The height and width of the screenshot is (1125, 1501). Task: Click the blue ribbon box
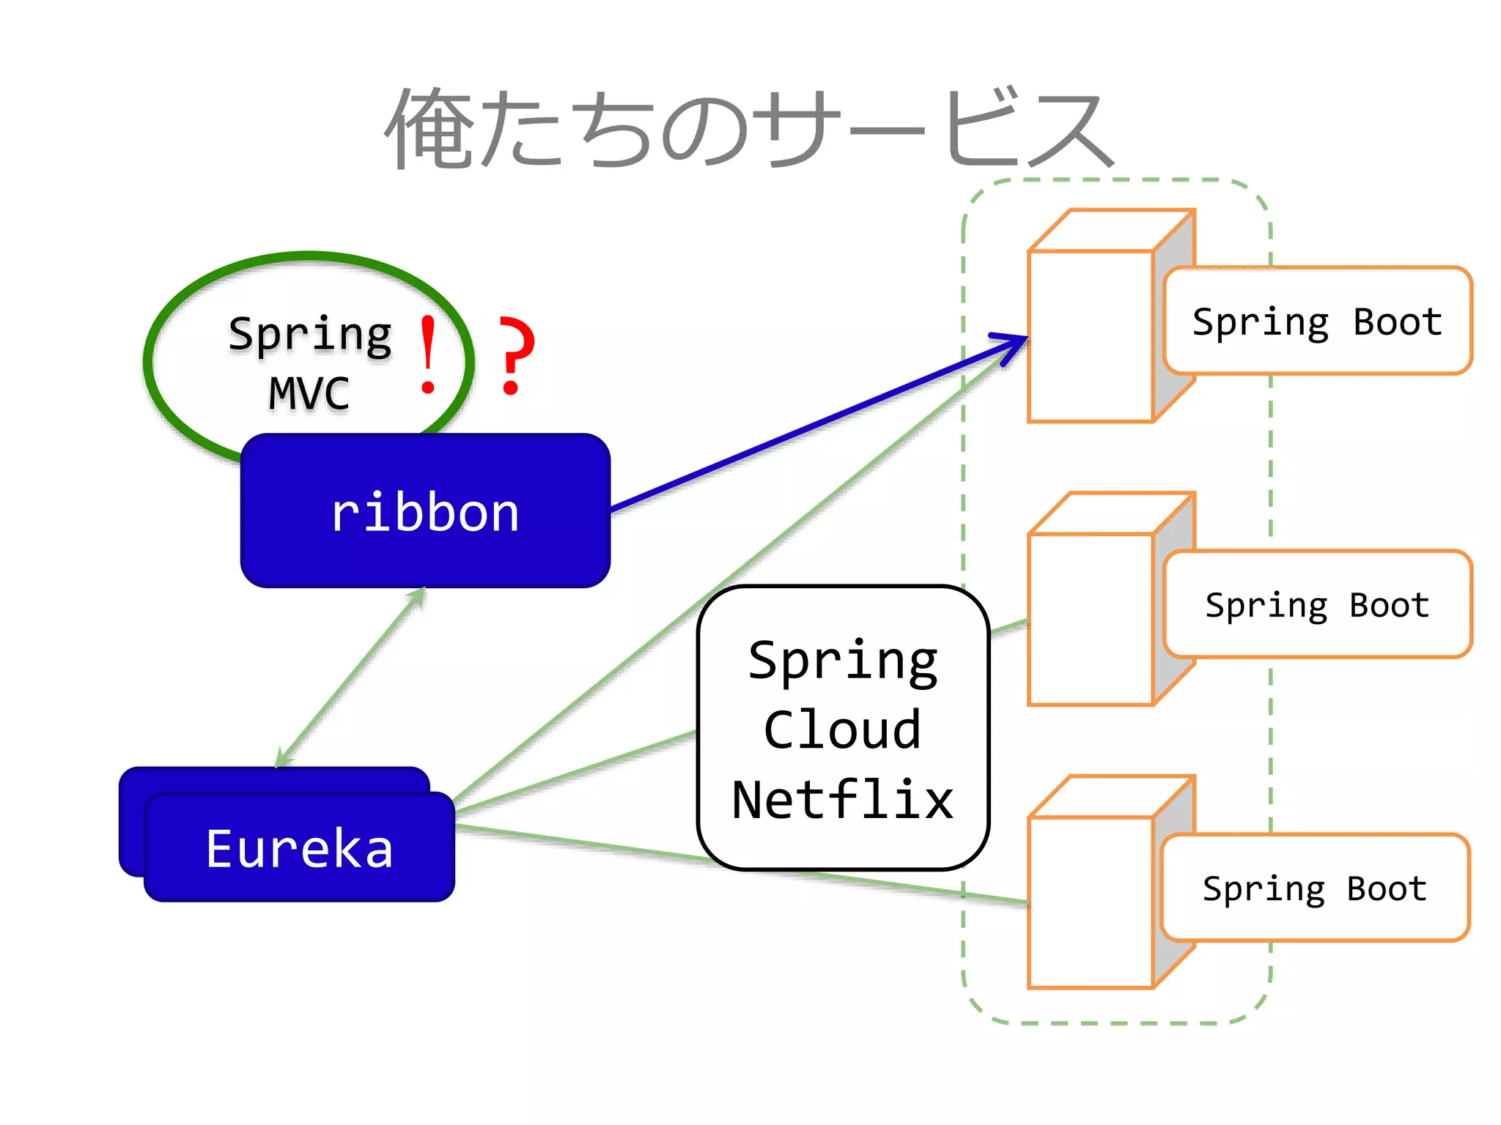coord(425,510)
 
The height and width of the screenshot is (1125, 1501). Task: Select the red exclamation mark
coord(428,355)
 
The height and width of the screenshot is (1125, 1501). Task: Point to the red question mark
coord(516,355)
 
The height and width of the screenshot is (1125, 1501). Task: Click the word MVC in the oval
coord(309,393)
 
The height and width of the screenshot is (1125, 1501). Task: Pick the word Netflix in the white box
coord(843,800)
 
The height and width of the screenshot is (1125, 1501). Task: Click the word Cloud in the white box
coord(843,730)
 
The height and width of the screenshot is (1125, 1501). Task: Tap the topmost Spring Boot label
coord(1317,322)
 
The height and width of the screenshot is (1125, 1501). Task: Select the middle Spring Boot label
coord(1317,605)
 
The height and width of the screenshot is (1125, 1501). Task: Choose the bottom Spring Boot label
coord(1315,888)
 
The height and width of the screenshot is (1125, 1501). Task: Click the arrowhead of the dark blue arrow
coord(1015,343)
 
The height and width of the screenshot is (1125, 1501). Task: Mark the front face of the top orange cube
coord(1091,337)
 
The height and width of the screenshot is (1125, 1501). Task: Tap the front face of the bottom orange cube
coord(1091,903)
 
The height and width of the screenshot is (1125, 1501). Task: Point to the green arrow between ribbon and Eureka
coord(350,678)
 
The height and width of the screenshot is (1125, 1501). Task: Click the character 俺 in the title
coord(429,129)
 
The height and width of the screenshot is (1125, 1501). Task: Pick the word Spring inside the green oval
coord(310,335)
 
